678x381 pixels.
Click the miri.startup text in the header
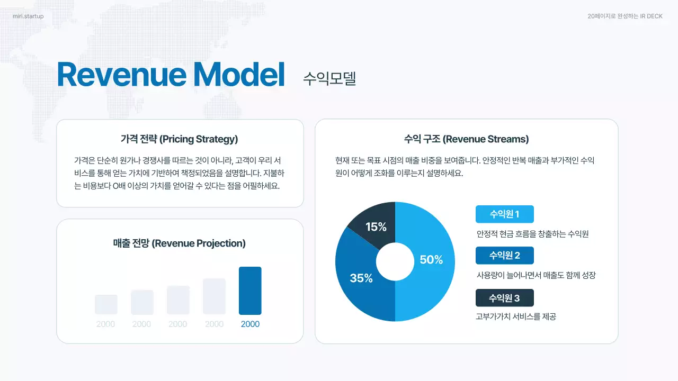(28, 16)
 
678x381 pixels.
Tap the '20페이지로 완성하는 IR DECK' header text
(625, 16)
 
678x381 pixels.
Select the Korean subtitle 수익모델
(329, 78)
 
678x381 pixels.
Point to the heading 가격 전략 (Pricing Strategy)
(180, 139)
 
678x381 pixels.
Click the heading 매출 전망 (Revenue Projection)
(180, 243)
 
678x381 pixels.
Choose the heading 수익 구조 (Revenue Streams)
(466, 139)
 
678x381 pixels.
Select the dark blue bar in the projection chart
(250, 291)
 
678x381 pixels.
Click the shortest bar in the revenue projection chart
(106, 304)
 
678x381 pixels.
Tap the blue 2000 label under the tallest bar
(250, 324)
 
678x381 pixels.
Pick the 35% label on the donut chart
(361, 278)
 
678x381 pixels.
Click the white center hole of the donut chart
(395, 262)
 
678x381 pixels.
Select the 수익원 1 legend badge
(504, 214)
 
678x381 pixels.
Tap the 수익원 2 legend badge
(504, 256)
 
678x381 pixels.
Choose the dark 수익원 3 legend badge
(504, 298)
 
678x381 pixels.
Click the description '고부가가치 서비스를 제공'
(516, 317)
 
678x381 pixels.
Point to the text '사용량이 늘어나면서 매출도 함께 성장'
(536, 275)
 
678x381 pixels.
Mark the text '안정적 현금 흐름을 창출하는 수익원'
(532, 234)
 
